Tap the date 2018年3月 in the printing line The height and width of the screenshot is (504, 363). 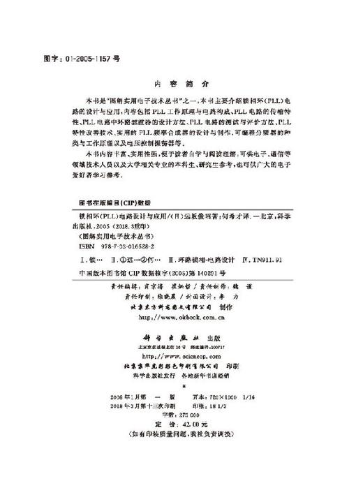tap(128, 403)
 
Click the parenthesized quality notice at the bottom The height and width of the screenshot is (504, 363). tap(181, 434)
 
